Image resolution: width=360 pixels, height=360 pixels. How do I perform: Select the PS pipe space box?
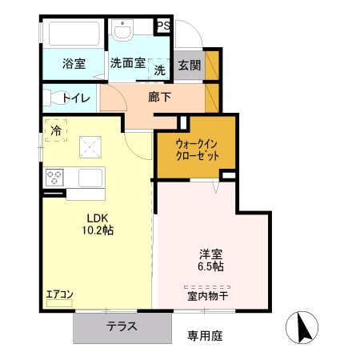click(x=162, y=26)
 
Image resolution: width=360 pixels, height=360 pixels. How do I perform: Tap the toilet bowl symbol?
click(x=58, y=98)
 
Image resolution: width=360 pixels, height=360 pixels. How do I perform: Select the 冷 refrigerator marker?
click(x=56, y=129)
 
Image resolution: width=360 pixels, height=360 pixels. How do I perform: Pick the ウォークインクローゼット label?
click(x=197, y=150)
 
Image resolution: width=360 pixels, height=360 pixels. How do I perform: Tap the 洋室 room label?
click(x=211, y=254)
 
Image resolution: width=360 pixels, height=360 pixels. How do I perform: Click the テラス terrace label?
click(x=122, y=326)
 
